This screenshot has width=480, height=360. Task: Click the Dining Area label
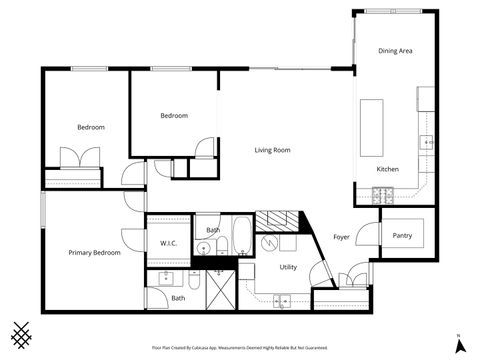[x=395, y=50]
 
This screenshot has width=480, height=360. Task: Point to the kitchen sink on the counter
[x=427, y=143]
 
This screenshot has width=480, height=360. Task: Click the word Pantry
[x=402, y=236]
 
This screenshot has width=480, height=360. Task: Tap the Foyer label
[x=341, y=236]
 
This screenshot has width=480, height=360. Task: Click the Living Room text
[x=271, y=150]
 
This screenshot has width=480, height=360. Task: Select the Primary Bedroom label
[x=94, y=253]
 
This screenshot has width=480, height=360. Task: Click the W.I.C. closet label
[x=168, y=243]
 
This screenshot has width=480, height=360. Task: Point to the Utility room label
[x=288, y=267]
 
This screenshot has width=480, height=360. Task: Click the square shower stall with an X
[x=216, y=290]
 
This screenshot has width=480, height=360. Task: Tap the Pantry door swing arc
[x=368, y=236]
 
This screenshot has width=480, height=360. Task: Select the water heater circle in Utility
[x=269, y=242]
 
